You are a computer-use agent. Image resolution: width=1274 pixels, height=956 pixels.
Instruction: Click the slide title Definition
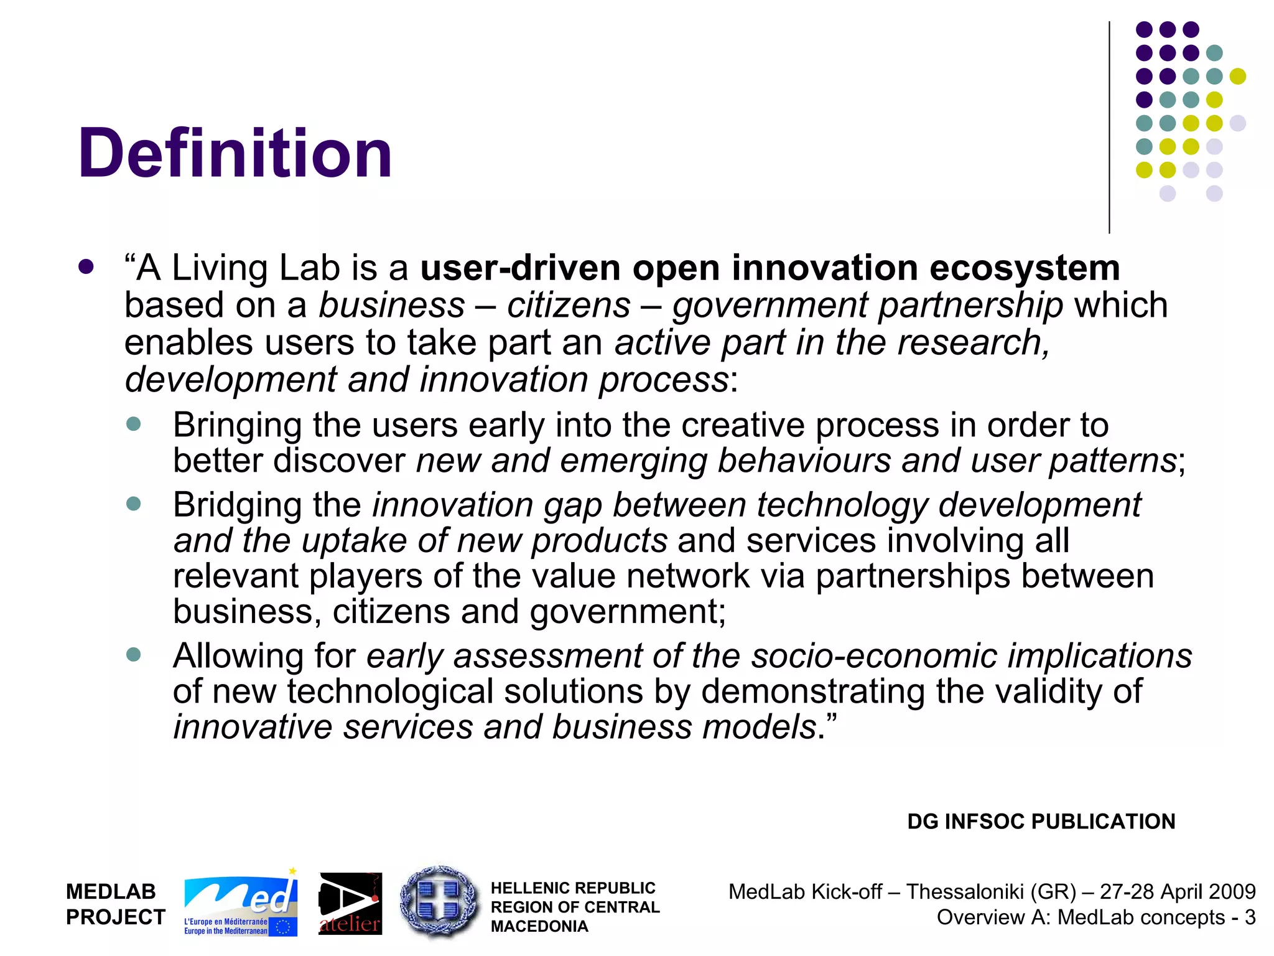(235, 153)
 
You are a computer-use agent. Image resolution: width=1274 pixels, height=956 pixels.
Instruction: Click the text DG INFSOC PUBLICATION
(1041, 822)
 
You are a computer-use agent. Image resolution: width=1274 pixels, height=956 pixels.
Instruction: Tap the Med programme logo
(240, 904)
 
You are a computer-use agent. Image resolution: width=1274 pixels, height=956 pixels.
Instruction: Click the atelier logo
(350, 904)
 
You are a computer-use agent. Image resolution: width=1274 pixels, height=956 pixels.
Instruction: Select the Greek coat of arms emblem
(439, 902)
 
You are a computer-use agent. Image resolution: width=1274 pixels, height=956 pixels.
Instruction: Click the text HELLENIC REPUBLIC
(573, 888)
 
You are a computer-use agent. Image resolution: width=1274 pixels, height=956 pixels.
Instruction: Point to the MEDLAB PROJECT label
(116, 904)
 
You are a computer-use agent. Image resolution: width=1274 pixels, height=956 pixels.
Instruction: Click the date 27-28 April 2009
(1178, 892)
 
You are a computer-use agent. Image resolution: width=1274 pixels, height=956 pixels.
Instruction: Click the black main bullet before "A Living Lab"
(86, 267)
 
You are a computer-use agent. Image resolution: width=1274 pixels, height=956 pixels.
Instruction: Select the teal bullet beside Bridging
(133, 503)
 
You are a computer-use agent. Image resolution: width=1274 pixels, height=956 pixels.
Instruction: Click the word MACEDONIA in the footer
(539, 927)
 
